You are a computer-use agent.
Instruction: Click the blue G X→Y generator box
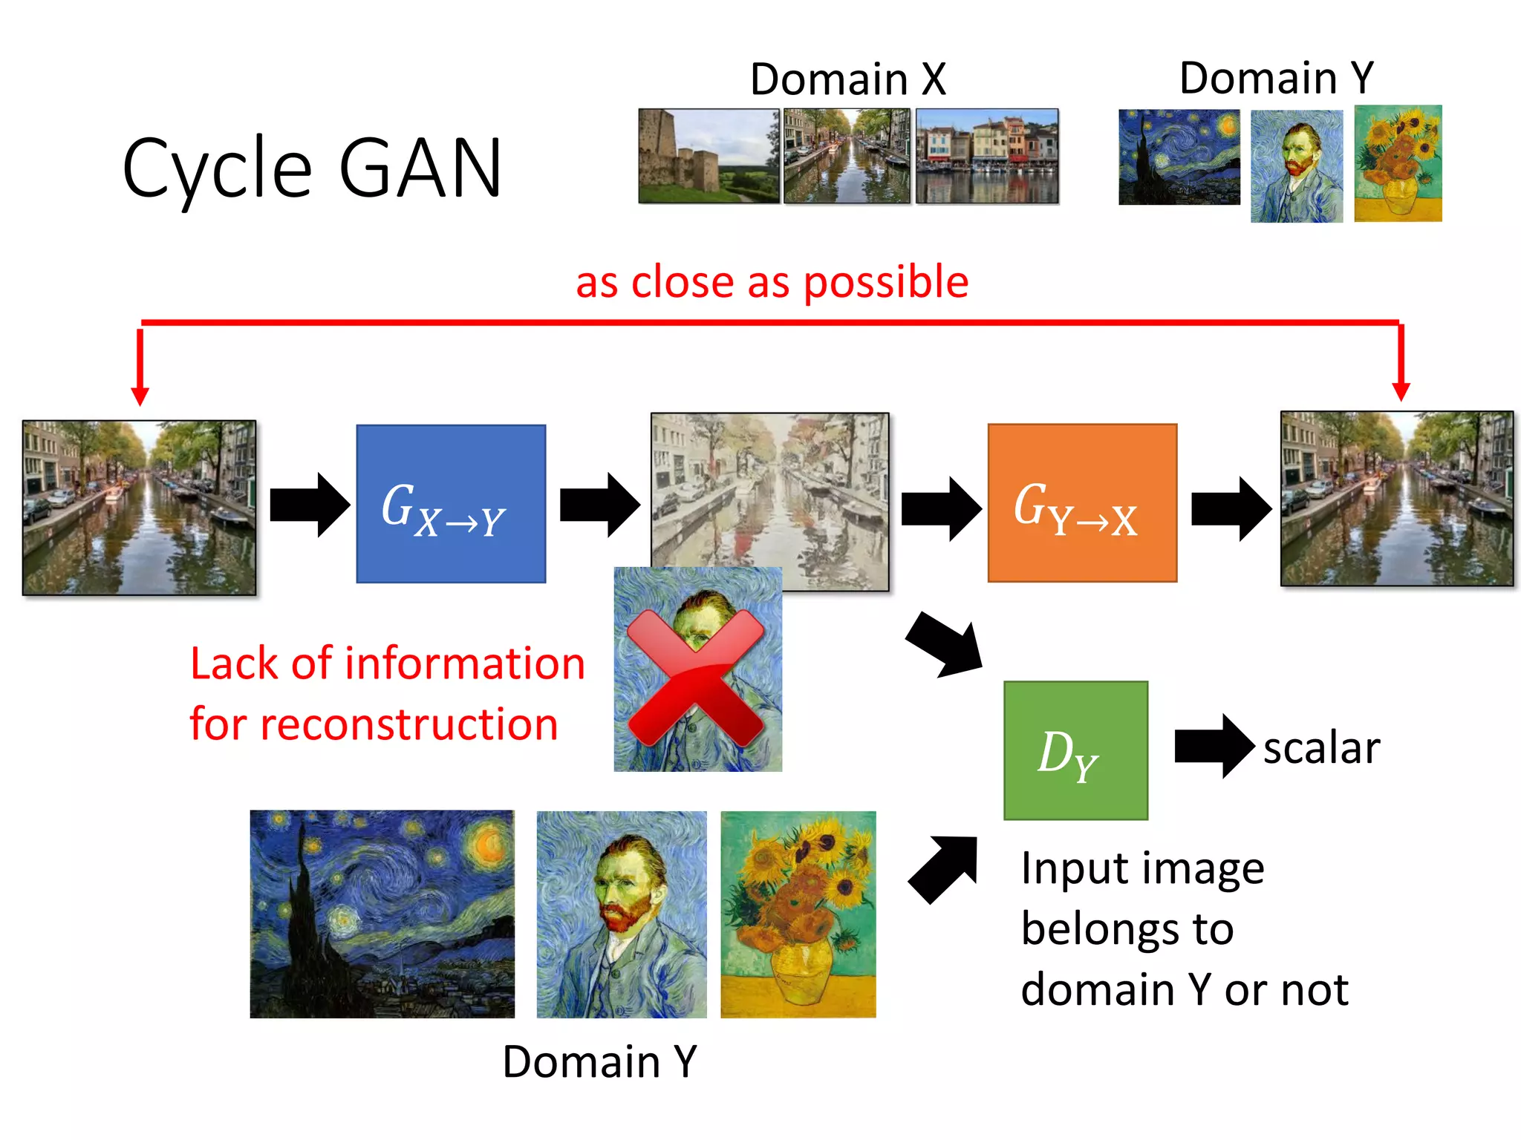tap(451, 503)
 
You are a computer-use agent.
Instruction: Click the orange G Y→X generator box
tap(1081, 503)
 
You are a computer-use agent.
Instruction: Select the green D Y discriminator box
tap(1075, 750)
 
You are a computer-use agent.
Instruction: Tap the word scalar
tap(1321, 747)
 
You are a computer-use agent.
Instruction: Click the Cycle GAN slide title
tap(312, 169)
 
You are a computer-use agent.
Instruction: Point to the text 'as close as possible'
tap(772, 282)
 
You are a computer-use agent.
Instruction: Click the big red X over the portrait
tap(696, 677)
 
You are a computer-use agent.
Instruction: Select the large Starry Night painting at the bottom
tap(382, 914)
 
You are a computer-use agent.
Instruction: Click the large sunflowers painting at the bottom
tap(798, 914)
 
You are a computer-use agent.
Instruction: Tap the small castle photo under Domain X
tap(709, 156)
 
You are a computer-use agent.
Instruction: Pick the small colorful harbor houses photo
tap(986, 156)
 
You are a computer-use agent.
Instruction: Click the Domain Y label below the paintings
tap(599, 1061)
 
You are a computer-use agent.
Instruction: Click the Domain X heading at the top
tap(847, 79)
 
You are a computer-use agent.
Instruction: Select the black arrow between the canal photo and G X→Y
tap(309, 505)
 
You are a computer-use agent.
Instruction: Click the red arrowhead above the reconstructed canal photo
tap(1401, 390)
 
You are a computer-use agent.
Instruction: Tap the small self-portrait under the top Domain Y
tap(1296, 166)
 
